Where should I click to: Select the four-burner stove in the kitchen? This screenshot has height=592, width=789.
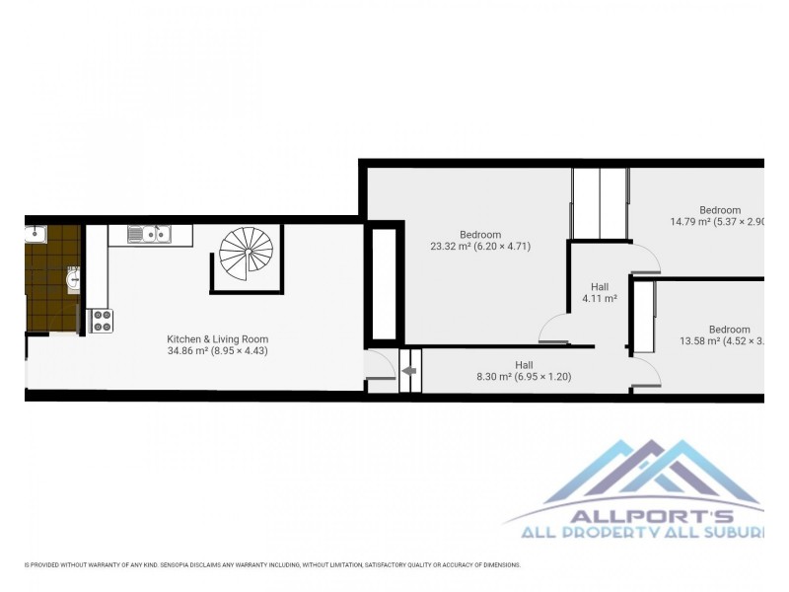tap(102, 321)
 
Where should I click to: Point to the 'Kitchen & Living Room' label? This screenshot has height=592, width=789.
tap(217, 338)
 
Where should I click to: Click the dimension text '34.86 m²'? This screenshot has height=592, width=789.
tap(188, 351)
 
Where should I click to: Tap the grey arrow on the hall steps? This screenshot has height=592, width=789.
tap(409, 372)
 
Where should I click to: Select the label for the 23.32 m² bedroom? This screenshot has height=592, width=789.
tap(480, 234)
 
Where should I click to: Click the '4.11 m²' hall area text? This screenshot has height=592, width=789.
tap(600, 298)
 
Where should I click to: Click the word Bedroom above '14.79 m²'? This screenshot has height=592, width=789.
tap(720, 209)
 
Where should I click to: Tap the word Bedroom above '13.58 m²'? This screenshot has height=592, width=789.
tap(729, 330)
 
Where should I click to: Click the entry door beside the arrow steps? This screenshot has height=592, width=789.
tap(380, 366)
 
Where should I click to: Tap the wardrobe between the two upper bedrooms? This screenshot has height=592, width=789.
tap(600, 203)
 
